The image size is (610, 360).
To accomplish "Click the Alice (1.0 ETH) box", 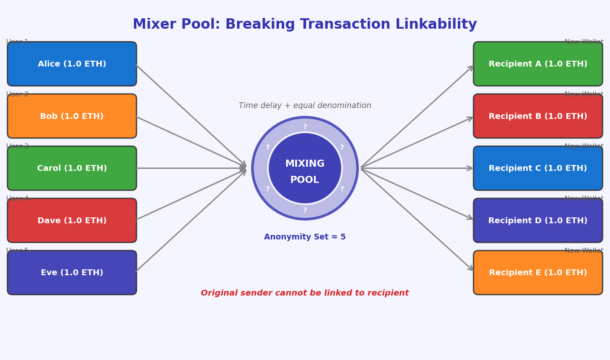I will [x=72, y=64].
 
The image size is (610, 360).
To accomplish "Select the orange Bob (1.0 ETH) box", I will [x=72, y=116].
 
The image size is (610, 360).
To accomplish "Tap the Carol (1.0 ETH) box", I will [x=72, y=168].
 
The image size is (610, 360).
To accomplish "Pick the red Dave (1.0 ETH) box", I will [x=72, y=220].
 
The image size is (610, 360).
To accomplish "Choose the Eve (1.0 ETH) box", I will [x=72, y=273].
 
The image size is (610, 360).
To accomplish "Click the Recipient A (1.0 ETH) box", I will [x=538, y=64].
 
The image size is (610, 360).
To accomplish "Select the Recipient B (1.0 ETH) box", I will [x=538, y=116].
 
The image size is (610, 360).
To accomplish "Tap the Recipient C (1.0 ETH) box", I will [x=538, y=168].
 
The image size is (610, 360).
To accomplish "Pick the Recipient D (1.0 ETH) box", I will [x=538, y=220].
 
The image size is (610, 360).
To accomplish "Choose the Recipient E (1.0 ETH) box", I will [x=538, y=273].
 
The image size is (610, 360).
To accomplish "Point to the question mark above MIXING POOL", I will [x=305, y=127].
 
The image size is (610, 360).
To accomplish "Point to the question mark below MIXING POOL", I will [x=305, y=210].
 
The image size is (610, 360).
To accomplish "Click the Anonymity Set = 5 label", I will [x=305, y=237].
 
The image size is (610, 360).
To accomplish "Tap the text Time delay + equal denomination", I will [x=305, y=106].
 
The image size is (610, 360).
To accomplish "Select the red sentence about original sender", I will [x=305, y=293].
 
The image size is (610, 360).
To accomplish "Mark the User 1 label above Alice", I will [x=17, y=42].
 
